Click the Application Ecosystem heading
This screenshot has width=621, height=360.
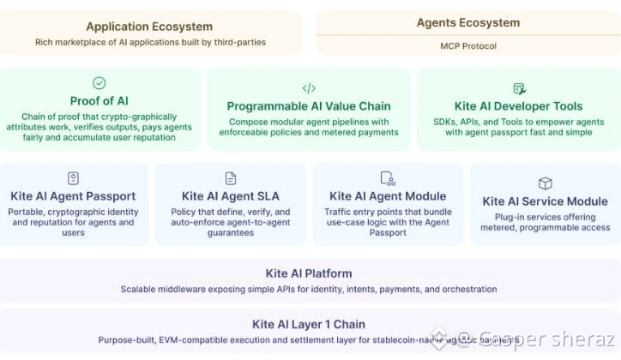pyautogui.click(x=149, y=27)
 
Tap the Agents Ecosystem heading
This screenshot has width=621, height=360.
pyautogui.click(x=467, y=23)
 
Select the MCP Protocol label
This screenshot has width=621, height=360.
pyautogui.click(x=467, y=45)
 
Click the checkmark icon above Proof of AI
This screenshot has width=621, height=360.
pyautogui.click(x=99, y=83)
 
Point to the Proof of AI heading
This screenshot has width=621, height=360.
pyautogui.click(x=99, y=101)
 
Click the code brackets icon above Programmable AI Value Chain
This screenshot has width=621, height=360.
pyautogui.click(x=309, y=88)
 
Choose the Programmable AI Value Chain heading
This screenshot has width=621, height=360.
pyautogui.click(x=309, y=106)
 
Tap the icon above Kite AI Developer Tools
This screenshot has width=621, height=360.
pyautogui.click(x=519, y=88)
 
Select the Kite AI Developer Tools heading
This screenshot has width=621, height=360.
pyautogui.click(x=519, y=106)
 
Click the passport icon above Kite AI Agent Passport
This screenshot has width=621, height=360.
pyautogui.click(x=73, y=177)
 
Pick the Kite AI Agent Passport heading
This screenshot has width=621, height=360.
pyautogui.click(x=73, y=196)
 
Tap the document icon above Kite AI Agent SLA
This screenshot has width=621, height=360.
pyautogui.click(x=231, y=178)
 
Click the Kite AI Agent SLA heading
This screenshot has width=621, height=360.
pyautogui.click(x=231, y=196)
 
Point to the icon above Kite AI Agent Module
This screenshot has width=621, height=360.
pyautogui.click(x=388, y=178)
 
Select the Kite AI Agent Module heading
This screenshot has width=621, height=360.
pyautogui.click(x=388, y=196)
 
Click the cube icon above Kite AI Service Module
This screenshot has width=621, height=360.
pyautogui.click(x=545, y=183)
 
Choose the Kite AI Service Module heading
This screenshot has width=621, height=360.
pyautogui.click(x=545, y=201)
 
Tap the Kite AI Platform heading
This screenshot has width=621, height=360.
pyautogui.click(x=309, y=273)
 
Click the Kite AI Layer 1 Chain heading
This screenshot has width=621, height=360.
pyautogui.click(x=309, y=324)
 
